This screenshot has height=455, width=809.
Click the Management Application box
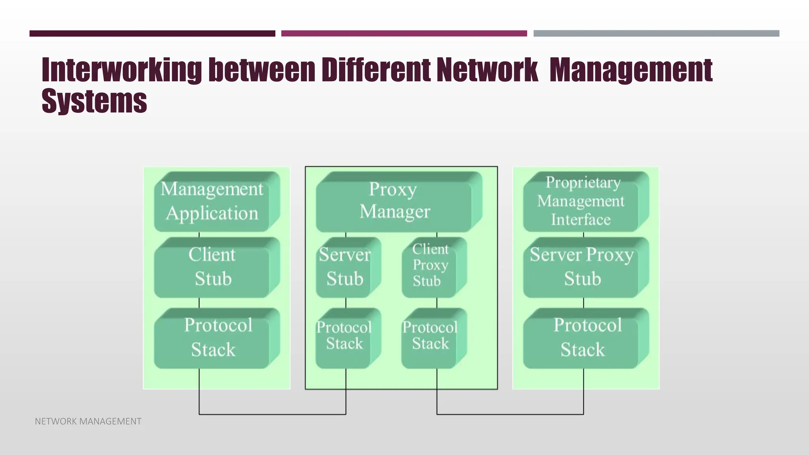pyautogui.click(x=212, y=201)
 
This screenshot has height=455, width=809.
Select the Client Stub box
pyautogui.click(x=212, y=267)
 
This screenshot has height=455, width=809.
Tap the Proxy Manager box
pyautogui.click(x=394, y=201)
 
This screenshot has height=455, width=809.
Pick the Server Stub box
pyautogui.click(x=345, y=267)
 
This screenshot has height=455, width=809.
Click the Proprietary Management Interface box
pyautogui.click(x=581, y=201)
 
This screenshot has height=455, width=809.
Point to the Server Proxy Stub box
pyautogui.click(x=582, y=267)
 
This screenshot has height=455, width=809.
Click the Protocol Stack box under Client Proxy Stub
pyautogui.click(x=430, y=338)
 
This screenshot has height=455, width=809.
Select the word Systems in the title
pyautogui.click(x=94, y=101)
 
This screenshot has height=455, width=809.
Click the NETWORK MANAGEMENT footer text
pyautogui.click(x=88, y=421)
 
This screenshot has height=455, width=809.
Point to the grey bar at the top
pyautogui.click(x=656, y=34)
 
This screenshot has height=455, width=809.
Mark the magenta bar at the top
pyautogui.click(x=404, y=34)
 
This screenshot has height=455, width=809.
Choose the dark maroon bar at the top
pyautogui.click(x=152, y=34)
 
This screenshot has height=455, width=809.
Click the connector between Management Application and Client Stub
pyautogui.click(x=199, y=235)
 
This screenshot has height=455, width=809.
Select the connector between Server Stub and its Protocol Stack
pyautogui.click(x=346, y=303)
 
